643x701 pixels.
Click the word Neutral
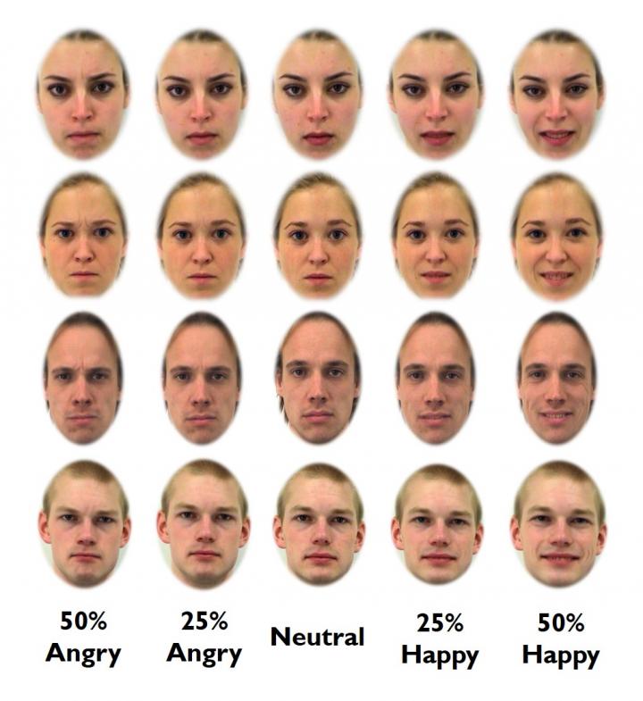coord(318,637)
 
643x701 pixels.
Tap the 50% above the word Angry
coord(83,620)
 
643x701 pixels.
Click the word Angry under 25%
coord(204,654)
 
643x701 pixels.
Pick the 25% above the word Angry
coord(204,620)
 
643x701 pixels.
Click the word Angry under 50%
coord(83,654)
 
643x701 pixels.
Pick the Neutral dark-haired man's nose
coord(318,393)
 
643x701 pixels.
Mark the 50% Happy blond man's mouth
coord(558,559)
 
